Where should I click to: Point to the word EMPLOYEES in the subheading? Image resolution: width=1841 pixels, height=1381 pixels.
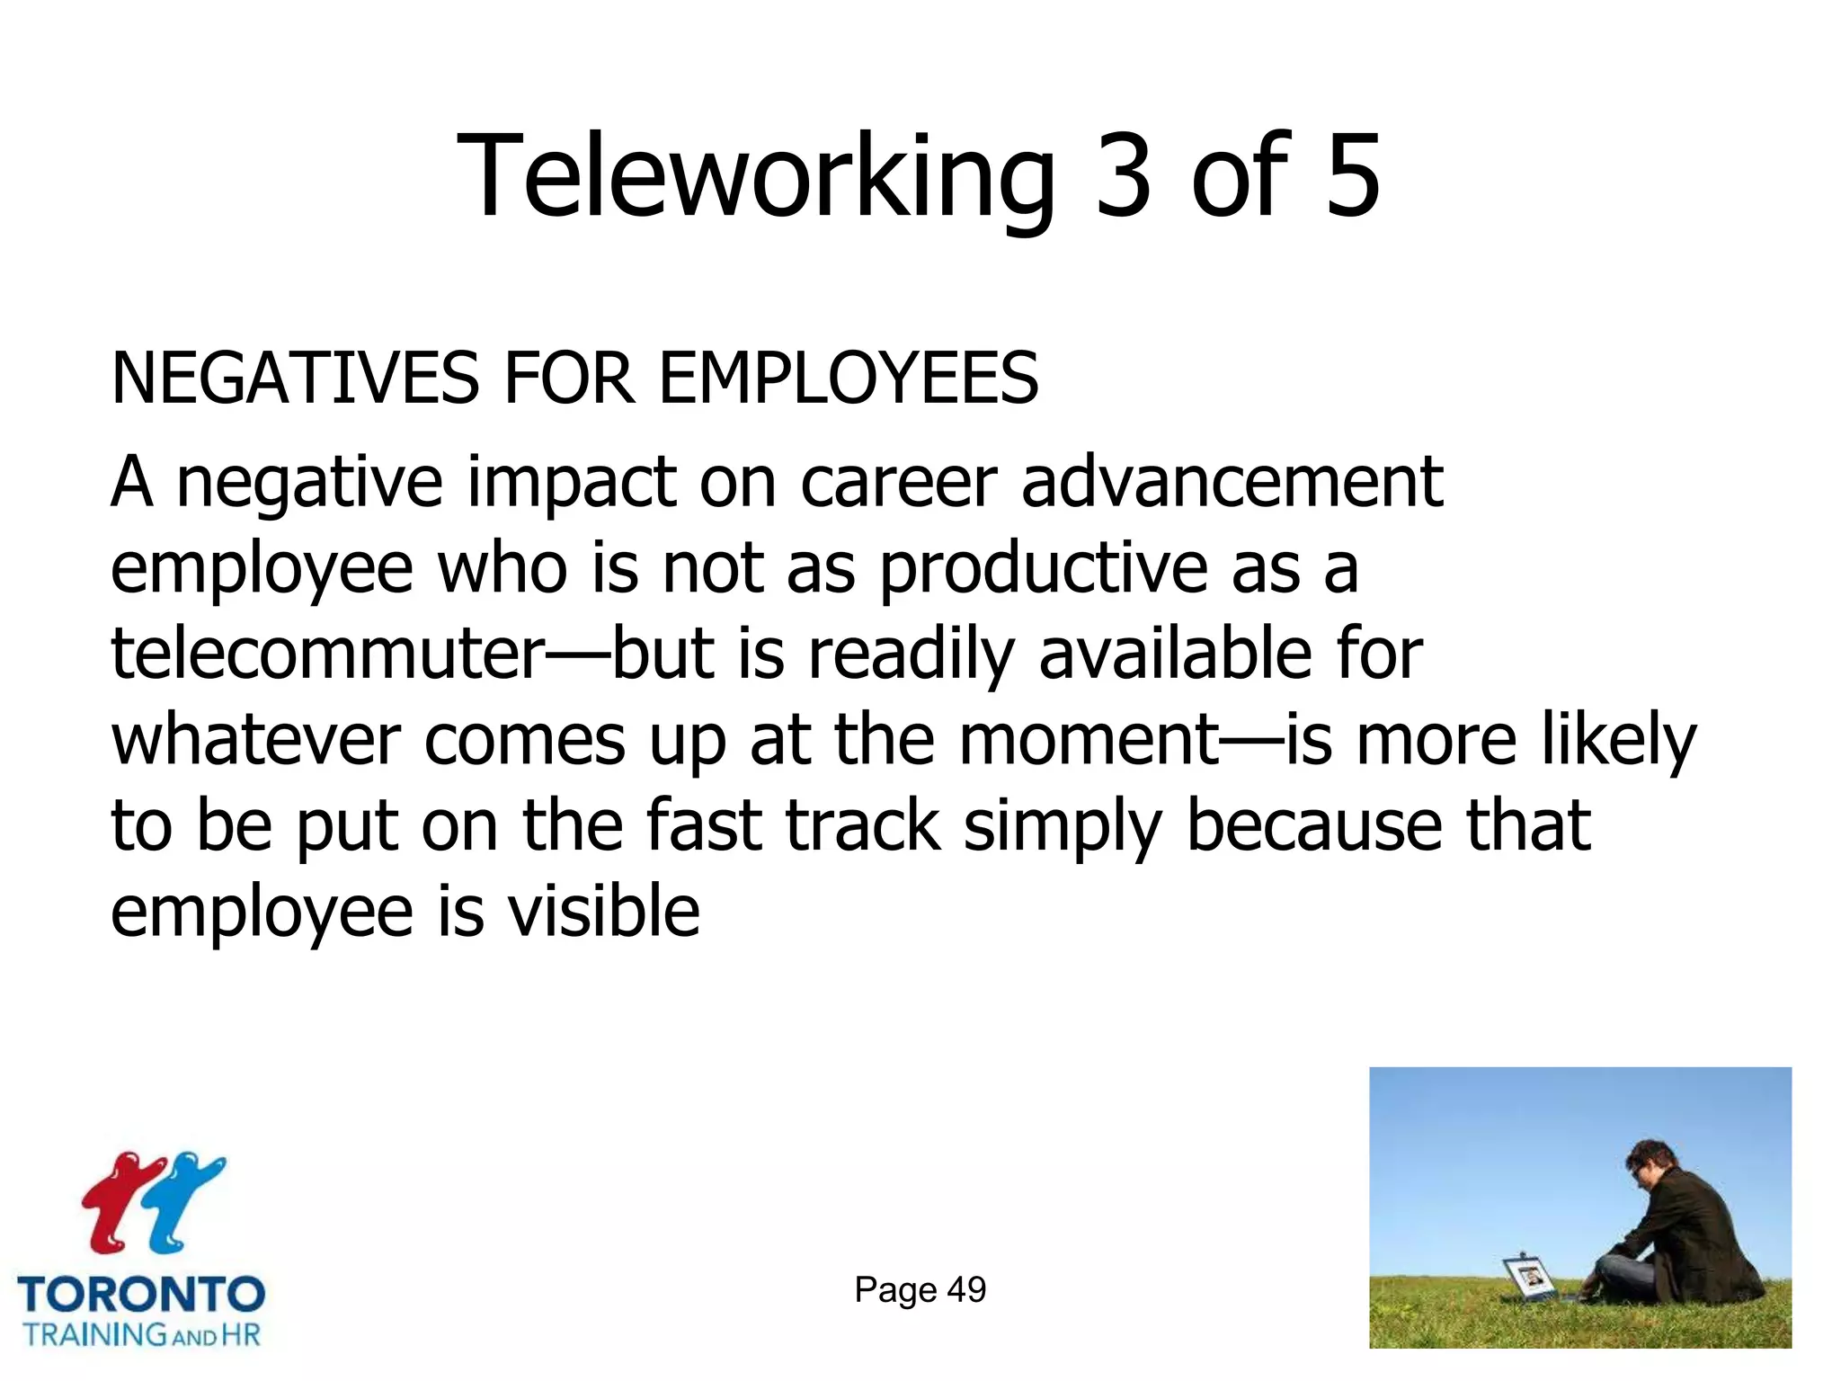[849, 379]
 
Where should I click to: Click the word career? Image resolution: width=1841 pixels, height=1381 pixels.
[898, 483]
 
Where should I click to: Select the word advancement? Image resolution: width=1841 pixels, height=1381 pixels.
[1232, 483]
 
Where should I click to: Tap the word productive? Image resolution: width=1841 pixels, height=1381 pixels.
[1043, 570]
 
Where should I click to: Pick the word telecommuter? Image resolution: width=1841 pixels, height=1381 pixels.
[328, 654]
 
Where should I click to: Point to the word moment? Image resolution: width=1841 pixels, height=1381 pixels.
[1088, 740]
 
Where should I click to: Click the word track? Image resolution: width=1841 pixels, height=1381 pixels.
[863, 825]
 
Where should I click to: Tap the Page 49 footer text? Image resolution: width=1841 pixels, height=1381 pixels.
[920, 1289]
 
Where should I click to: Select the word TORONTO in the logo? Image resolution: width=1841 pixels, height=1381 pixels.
[141, 1295]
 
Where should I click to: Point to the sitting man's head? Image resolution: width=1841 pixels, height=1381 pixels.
[1652, 1168]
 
